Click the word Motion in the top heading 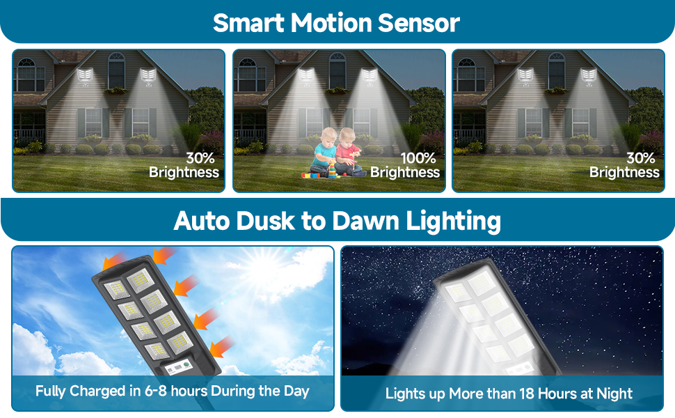331,23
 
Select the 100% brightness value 418,158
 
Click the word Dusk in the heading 264,221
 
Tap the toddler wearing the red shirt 348,152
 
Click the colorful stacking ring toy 333,169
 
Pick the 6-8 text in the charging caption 155,391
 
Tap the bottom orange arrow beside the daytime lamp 222,346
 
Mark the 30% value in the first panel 200,158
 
